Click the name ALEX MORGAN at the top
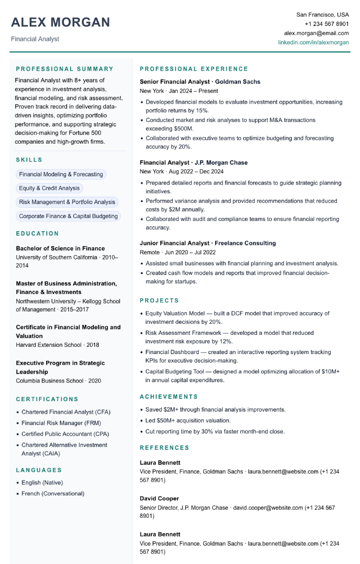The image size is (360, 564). point(60,22)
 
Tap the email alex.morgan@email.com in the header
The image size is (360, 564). point(316,33)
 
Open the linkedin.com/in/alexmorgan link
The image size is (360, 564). point(313,43)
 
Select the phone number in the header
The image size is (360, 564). point(326,24)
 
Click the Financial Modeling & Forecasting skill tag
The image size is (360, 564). point(61,174)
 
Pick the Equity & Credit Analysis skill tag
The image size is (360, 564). point(49,188)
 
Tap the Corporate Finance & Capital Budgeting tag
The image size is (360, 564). point(68,216)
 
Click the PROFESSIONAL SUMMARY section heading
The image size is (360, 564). point(65,69)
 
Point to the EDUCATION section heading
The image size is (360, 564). point(37,233)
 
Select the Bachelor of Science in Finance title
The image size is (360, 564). point(60,248)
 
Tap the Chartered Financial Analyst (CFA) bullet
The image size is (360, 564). point(66,412)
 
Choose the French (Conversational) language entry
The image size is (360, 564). point(53,493)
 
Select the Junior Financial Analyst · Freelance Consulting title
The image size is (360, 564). point(208,243)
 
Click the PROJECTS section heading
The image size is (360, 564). point(159,300)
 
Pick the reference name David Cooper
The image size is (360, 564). point(159,498)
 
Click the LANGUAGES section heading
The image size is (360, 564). point(39,470)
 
